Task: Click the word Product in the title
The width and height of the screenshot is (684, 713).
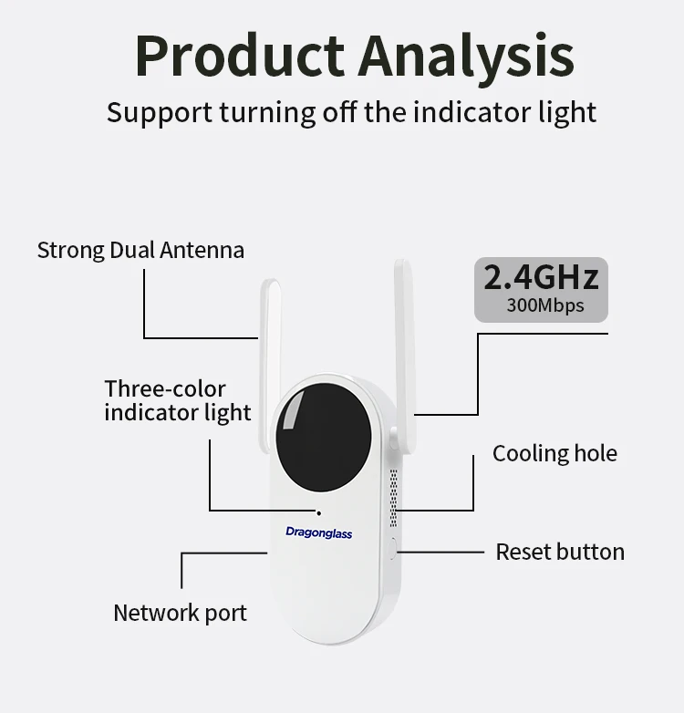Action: pyautogui.click(x=239, y=57)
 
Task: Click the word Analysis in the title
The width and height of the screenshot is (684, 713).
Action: pyautogui.click(x=466, y=57)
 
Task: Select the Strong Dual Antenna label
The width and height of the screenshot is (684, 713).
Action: pyautogui.click(x=140, y=250)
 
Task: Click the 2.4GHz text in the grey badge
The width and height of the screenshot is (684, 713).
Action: pyautogui.click(x=541, y=276)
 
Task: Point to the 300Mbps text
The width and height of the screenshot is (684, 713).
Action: pyautogui.click(x=544, y=305)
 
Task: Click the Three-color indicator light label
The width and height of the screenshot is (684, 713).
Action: pyautogui.click(x=177, y=400)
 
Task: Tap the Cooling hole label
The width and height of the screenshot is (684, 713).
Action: pyautogui.click(x=554, y=453)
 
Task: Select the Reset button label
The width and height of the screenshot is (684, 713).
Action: pyautogui.click(x=560, y=552)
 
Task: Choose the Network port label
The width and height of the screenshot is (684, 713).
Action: pyautogui.click(x=180, y=613)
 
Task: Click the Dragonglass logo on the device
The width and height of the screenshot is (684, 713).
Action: pyautogui.click(x=318, y=532)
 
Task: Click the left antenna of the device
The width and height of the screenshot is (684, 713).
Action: pyautogui.click(x=271, y=356)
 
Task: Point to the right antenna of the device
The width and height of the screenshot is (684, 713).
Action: pyautogui.click(x=404, y=346)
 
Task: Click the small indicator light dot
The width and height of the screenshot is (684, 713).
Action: pyautogui.click(x=318, y=512)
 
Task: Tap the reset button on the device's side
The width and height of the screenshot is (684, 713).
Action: pyautogui.click(x=393, y=549)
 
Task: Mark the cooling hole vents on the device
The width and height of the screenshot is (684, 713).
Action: pyautogui.click(x=393, y=498)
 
